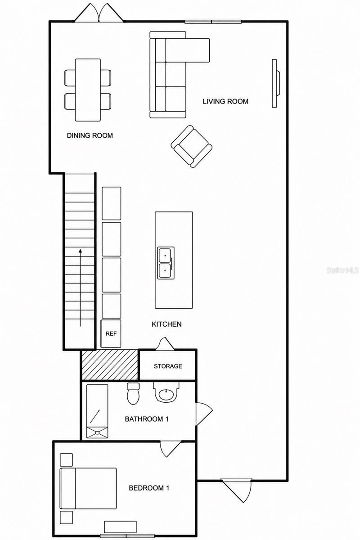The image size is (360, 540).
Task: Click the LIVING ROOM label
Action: click(225, 101)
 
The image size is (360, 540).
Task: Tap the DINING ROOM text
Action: click(90, 135)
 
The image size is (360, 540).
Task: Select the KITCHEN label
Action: click(166, 324)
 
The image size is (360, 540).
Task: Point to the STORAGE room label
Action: click(168, 366)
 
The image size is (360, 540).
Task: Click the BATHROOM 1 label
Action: click(147, 419)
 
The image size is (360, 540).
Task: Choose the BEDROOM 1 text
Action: click(149, 488)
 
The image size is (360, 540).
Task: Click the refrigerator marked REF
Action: click(111, 333)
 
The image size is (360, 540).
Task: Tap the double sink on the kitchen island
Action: click(166, 263)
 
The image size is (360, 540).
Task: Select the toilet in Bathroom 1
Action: click(133, 393)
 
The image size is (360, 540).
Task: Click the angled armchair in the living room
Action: click(191, 146)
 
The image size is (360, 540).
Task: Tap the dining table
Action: click(88, 90)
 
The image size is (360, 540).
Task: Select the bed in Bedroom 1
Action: click(88, 489)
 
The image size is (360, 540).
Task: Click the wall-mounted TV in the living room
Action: click(275, 83)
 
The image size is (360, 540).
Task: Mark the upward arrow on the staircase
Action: click(80, 288)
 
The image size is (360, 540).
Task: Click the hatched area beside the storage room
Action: click(110, 365)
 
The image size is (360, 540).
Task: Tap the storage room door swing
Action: click(165, 343)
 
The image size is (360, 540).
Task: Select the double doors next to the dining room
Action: click(99, 13)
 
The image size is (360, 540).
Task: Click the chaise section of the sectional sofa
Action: click(188, 50)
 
